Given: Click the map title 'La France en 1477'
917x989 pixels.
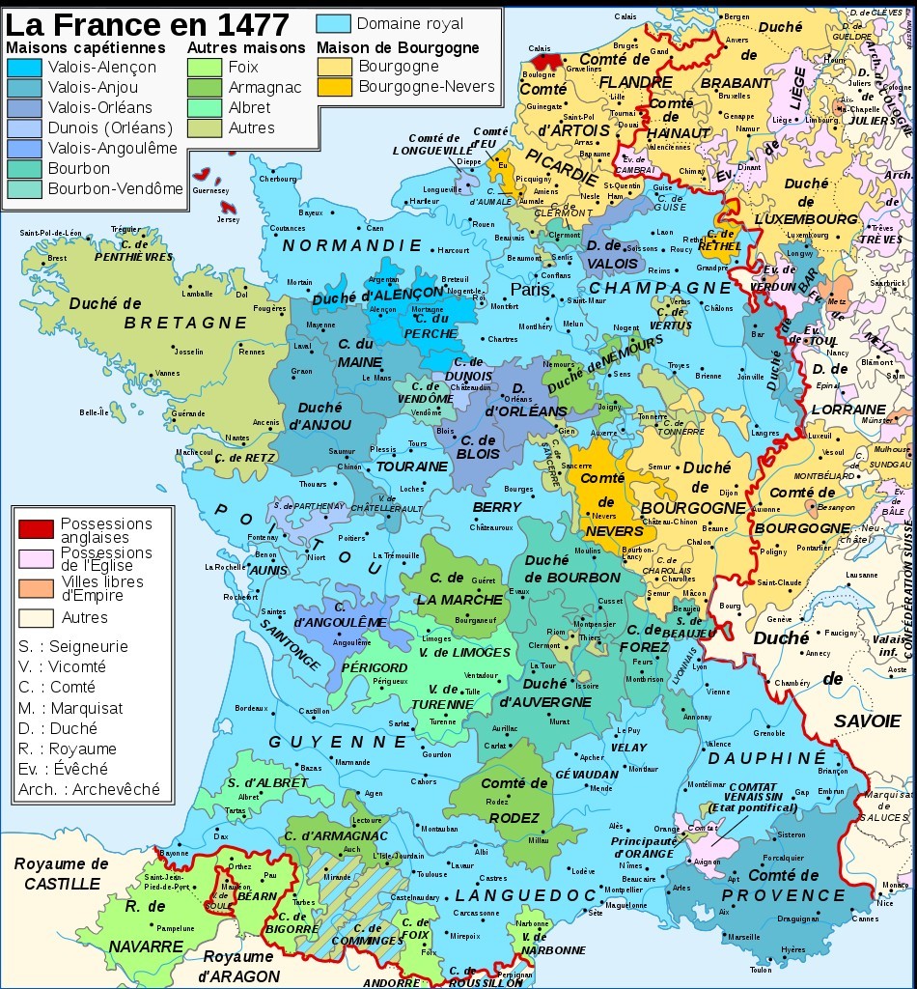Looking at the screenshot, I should tap(147, 22).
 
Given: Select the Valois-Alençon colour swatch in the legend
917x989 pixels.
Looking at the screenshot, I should tap(23, 68).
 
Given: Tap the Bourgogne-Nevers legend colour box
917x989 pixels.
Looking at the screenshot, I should tap(335, 87).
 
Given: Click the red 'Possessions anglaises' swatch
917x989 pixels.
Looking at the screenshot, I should tap(36, 528).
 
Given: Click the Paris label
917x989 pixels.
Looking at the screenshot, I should tap(530, 289).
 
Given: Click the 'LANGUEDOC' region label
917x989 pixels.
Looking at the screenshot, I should tap(526, 895).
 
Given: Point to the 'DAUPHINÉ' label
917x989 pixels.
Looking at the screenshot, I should tap(767, 758).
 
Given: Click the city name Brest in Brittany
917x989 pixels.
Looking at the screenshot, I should tap(58, 258).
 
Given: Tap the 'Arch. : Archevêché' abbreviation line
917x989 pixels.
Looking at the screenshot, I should tap(89, 789).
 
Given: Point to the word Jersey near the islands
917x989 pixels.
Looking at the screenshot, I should tap(227, 219).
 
